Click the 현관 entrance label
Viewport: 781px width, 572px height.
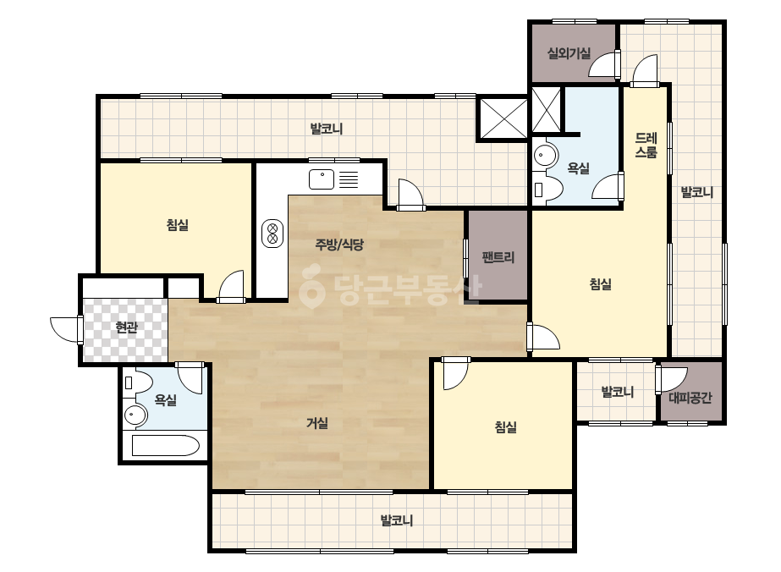pyautogui.click(x=126, y=327)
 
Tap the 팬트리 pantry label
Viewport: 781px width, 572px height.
pyautogui.click(x=498, y=257)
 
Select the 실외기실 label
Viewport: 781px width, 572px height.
pyautogui.click(x=569, y=52)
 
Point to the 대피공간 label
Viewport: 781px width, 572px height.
pyautogui.click(x=690, y=397)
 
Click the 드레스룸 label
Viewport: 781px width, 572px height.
pyautogui.click(x=646, y=145)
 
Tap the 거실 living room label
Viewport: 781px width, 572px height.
pyautogui.click(x=317, y=424)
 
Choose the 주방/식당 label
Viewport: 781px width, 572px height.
pyautogui.click(x=339, y=245)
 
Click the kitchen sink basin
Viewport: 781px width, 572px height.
pyautogui.click(x=322, y=179)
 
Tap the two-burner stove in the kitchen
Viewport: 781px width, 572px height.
pyautogui.click(x=272, y=234)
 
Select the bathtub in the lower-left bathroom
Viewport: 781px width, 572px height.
pyautogui.click(x=166, y=445)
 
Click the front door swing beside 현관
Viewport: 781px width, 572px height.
pyautogui.click(x=66, y=329)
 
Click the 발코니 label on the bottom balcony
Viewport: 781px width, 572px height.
pyautogui.click(x=397, y=520)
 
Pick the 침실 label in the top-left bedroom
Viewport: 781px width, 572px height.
pyautogui.click(x=178, y=225)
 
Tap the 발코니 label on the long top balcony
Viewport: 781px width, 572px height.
pyautogui.click(x=327, y=129)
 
